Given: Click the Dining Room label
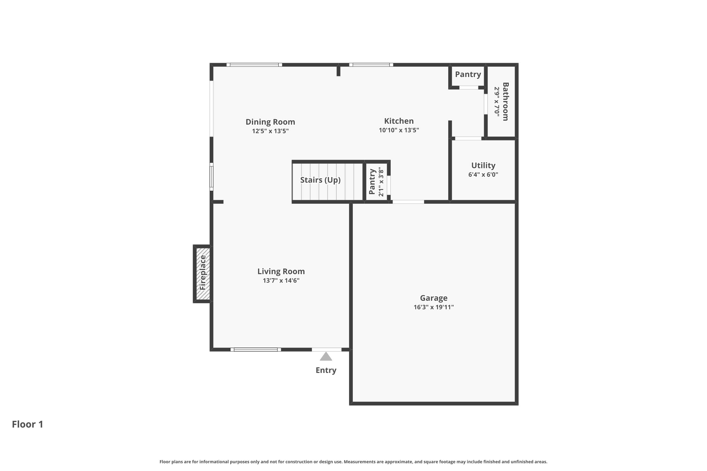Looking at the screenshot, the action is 270,122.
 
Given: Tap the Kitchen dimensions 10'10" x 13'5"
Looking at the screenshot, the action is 399,130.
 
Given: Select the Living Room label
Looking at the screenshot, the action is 281,272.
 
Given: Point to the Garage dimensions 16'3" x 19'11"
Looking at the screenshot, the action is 434,307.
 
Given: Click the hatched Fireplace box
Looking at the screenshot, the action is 203,274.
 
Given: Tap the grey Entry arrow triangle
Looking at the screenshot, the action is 326,356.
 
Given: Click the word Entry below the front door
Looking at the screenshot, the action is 326,370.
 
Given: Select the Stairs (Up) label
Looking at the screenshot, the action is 320,180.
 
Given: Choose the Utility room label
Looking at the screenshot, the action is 483,166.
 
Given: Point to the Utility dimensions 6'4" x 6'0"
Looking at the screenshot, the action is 483,175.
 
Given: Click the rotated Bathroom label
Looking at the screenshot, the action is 505,101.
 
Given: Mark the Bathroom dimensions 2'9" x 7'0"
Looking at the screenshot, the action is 497,101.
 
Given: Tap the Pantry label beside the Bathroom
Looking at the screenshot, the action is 468,75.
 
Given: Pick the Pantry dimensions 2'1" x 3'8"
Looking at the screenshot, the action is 381,182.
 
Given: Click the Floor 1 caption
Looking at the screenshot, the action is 28,424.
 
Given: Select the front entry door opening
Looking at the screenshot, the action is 327,350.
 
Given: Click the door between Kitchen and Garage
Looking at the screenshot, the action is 408,202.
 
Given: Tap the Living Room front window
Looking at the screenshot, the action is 256,350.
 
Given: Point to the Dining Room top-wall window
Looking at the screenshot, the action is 254,65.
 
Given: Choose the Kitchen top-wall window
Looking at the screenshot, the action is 371,65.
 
